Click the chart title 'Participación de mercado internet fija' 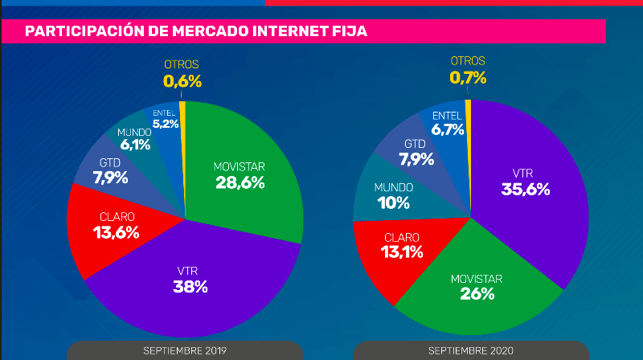(197, 31)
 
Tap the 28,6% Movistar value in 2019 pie (240, 182)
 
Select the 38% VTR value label (191, 286)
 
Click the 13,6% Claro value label (117, 233)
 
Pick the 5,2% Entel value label (165, 124)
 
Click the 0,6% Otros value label (182, 80)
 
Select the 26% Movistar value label (477, 293)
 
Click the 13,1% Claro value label (402, 253)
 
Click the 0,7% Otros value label (468, 77)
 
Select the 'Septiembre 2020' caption (470, 350)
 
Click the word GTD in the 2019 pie (110, 163)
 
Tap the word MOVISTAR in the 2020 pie (476, 278)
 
